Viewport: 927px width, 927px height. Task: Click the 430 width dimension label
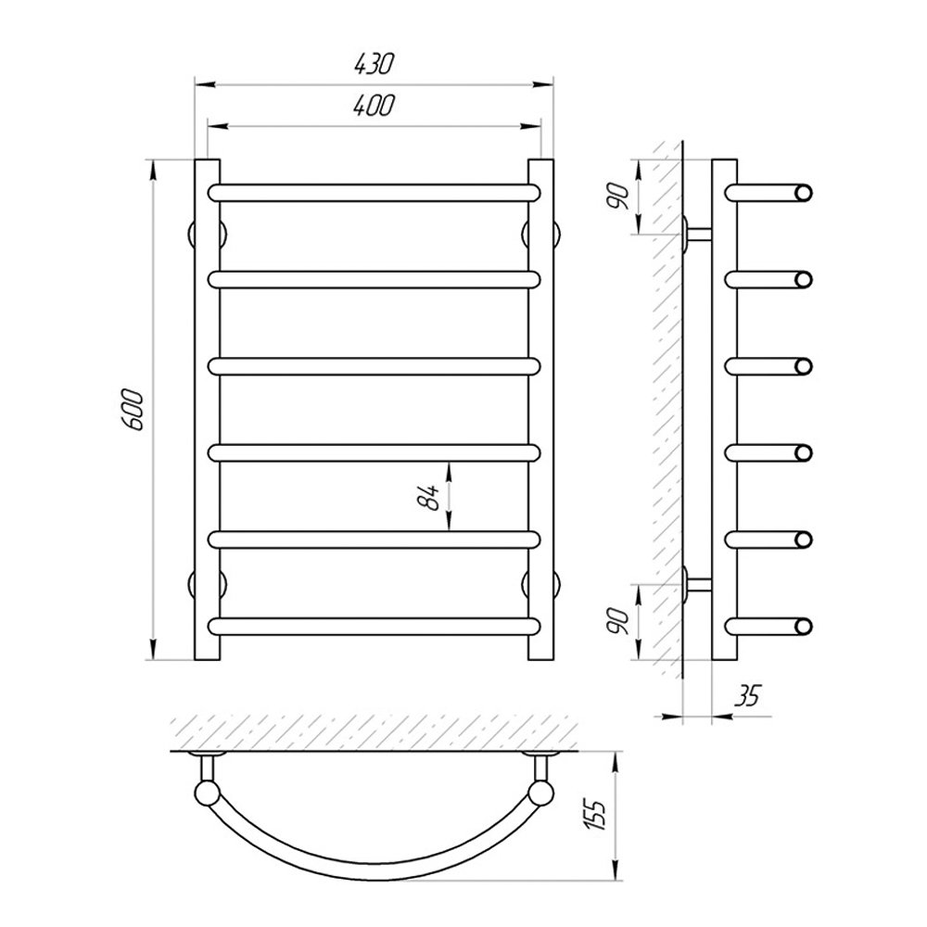click(374, 64)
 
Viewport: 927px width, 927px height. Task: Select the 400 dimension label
click(374, 106)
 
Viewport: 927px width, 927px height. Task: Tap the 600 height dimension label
click(132, 410)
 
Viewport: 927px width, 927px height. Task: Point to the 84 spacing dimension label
click(428, 497)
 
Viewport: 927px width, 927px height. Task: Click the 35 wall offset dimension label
click(746, 696)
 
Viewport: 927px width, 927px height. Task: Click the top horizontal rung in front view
click(374, 193)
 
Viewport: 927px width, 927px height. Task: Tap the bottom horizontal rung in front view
click(374, 627)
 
